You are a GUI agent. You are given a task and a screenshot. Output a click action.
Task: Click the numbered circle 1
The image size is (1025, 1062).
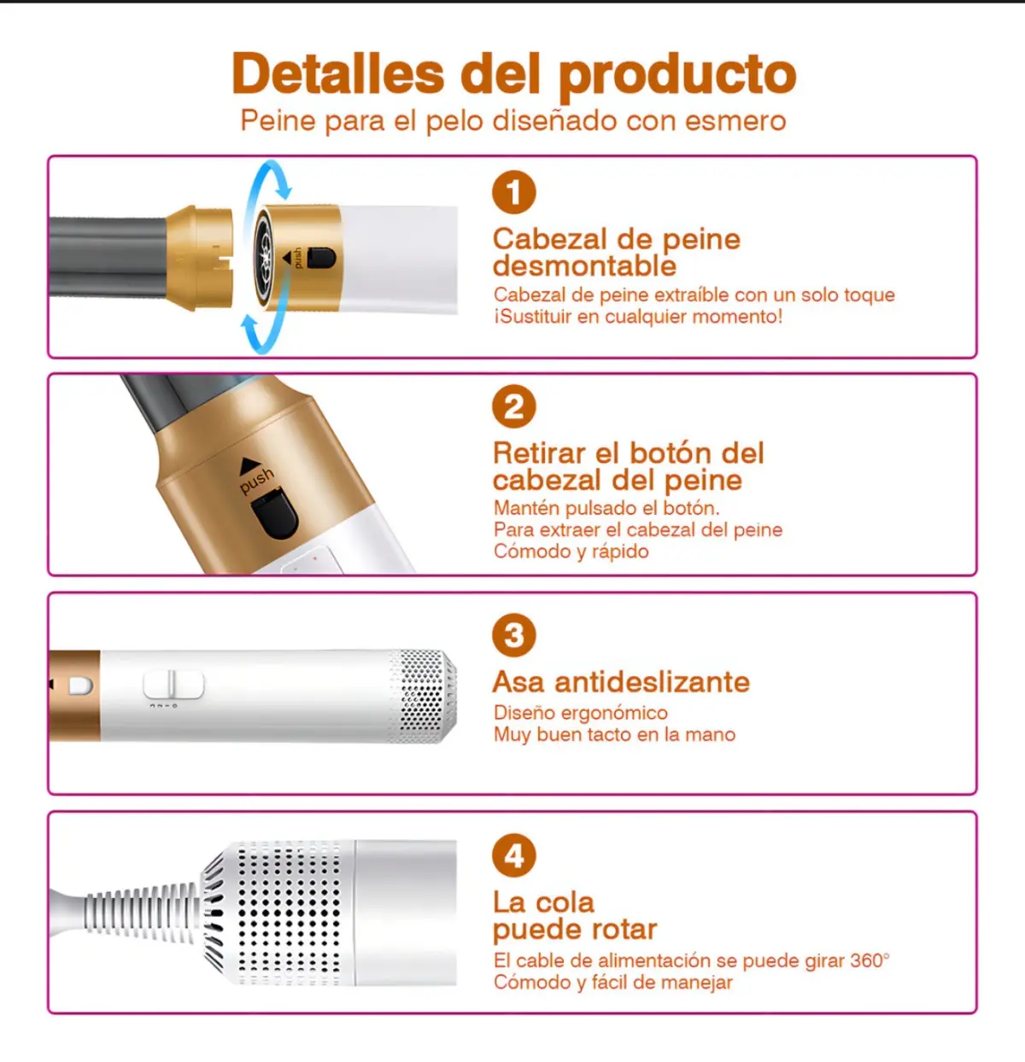[514, 192]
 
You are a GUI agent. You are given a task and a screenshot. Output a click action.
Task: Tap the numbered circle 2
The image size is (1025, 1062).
[514, 406]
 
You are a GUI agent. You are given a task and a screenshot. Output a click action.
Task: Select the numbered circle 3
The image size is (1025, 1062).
[514, 635]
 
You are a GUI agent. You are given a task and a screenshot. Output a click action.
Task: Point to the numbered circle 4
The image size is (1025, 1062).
[514, 855]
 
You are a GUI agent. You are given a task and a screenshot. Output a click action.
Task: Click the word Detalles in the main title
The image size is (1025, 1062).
[338, 73]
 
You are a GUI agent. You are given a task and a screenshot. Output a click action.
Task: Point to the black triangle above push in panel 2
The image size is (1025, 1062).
[250, 465]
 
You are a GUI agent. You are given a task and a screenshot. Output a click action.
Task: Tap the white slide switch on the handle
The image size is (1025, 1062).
[173, 684]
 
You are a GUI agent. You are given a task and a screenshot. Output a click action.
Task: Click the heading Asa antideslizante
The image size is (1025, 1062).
[621, 681]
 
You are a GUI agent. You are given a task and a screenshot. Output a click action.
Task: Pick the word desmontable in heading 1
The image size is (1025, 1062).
[584, 266]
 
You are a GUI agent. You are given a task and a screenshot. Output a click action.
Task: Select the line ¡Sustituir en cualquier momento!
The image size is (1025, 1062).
[638, 316]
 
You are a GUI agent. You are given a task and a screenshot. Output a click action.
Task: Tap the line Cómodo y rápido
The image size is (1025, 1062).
[571, 551]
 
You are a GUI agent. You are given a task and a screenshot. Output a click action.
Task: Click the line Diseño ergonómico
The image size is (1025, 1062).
[581, 713]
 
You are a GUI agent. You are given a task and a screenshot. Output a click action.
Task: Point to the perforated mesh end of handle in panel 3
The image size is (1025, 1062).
[422, 696]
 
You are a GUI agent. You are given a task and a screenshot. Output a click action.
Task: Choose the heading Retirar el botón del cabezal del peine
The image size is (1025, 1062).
[628, 467]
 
